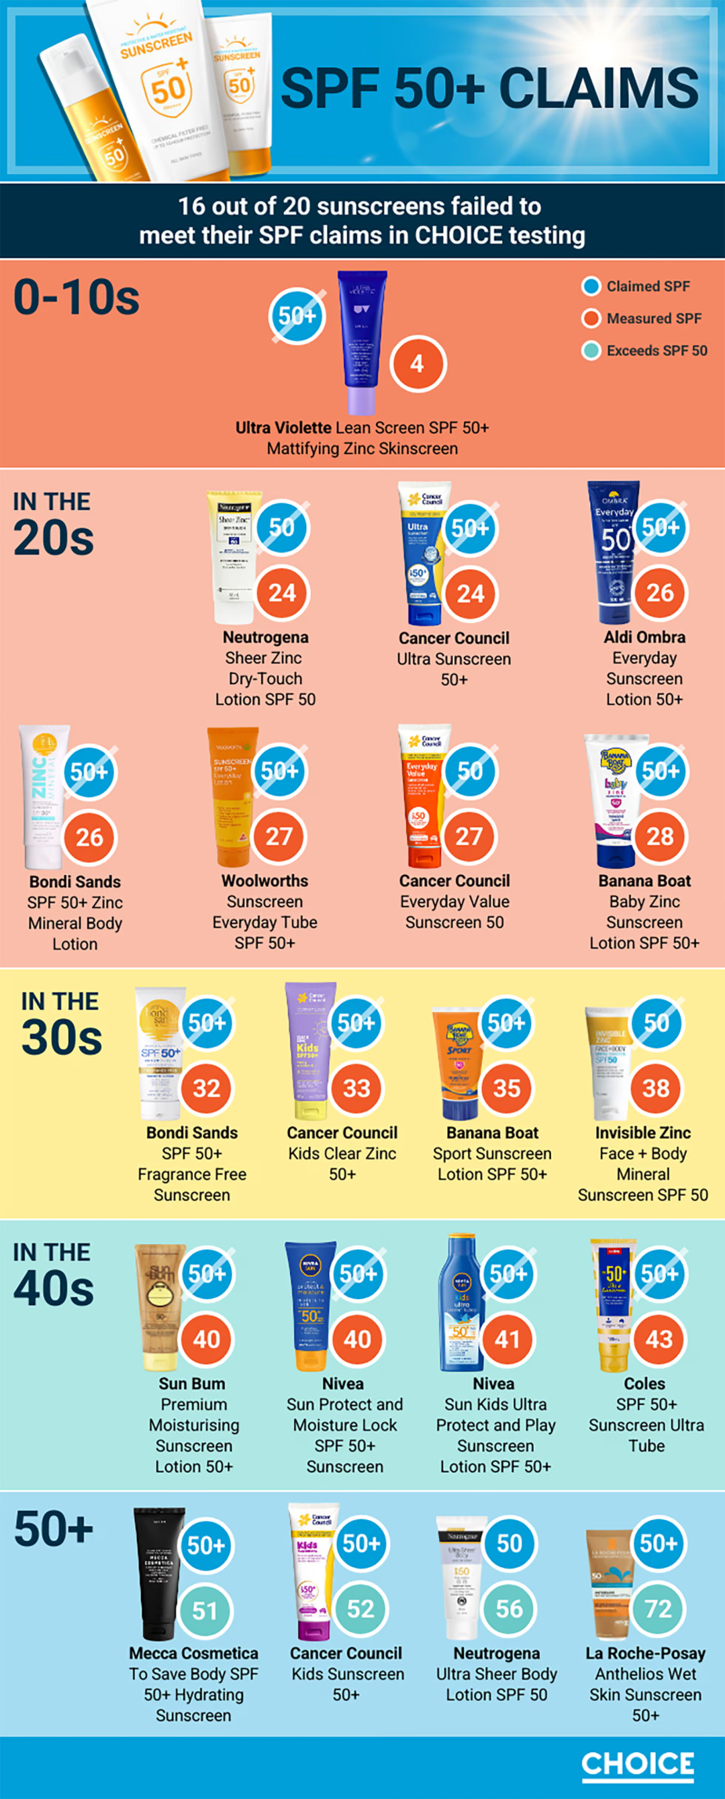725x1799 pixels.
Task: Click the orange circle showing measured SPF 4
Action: [x=418, y=364]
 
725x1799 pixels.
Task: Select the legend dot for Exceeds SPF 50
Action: [x=591, y=351]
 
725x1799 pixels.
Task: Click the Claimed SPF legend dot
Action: [x=591, y=286]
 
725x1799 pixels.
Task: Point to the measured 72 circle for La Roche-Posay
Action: [x=658, y=1609]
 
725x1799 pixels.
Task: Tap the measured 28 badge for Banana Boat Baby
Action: [x=659, y=836]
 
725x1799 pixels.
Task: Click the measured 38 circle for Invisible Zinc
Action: [x=656, y=1087]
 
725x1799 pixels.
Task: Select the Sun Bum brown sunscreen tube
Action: [x=160, y=1304]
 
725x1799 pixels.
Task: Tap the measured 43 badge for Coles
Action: [x=659, y=1339]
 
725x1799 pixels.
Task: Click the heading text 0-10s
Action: [x=77, y=298]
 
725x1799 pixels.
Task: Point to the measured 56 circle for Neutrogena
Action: [x=509, y=1609]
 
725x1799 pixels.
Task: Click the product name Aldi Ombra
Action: [x=644, y=637]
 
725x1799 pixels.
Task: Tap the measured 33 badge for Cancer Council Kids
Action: [x=356, y=1087]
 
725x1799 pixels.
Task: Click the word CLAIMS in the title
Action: [x=599, y=89]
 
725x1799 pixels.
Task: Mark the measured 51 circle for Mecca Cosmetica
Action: [x=205, y=1610]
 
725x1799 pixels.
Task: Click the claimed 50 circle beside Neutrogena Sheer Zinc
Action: [x=281, y=528]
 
